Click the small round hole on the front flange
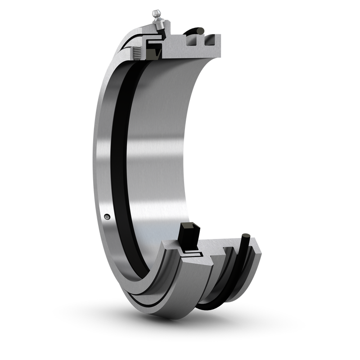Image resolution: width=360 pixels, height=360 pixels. (106, 216)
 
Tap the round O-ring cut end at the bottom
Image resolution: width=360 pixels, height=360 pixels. (245, 236)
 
